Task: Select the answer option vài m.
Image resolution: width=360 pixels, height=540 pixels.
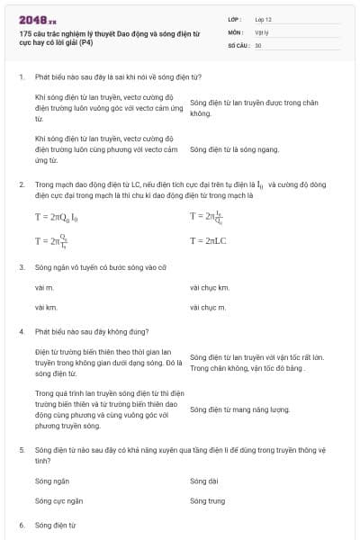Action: coord(44,288)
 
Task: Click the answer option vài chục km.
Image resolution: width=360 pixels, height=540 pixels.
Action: coord(210,288)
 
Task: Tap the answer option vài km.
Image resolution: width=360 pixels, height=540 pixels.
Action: coord(46,308)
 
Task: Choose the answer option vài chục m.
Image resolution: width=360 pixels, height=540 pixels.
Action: coord(208,308)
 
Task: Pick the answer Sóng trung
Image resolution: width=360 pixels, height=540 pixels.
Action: coord(208,500)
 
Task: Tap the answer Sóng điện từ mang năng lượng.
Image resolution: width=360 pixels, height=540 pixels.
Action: coord(240,409)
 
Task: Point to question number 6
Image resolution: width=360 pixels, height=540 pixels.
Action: coord(22,524)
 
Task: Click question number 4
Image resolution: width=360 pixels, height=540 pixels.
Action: coord(22,331)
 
